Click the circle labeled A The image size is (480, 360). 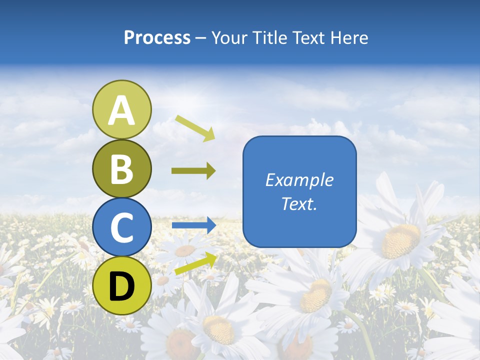click(121, 109)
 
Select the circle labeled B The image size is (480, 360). click(121, 168)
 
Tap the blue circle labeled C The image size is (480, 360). click(121, 227)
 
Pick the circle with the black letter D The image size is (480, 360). click(121, 285)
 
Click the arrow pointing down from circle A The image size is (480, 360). click(195, 127)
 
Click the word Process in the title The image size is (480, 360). click(157, 38)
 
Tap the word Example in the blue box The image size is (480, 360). click(299, 180)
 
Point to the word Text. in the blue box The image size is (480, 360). click(299, 203)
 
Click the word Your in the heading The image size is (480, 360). click(228, 38)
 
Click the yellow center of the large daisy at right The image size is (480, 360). click(400, 240)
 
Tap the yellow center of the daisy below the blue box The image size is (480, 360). click(316, 295)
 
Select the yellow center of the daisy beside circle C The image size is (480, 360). click(185, 250)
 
